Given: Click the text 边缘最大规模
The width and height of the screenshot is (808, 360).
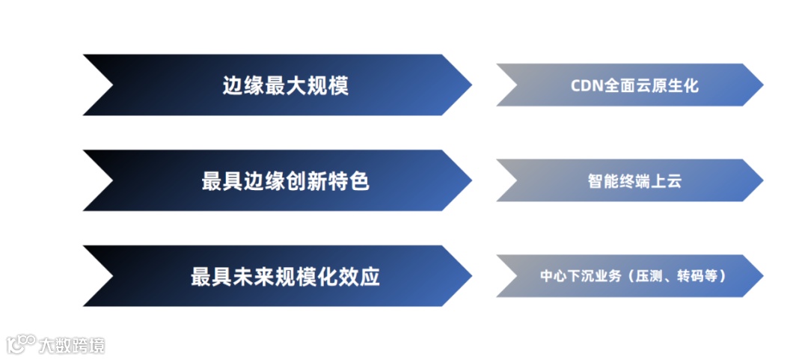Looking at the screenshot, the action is [286, 86].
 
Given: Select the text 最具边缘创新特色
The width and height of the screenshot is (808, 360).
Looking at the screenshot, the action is [286, 181].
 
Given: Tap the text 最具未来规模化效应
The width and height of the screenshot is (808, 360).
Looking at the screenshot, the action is [286, 276].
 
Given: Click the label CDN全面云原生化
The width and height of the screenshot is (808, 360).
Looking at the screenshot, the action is [634, 85].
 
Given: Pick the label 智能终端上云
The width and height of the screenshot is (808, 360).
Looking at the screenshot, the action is [634, 181].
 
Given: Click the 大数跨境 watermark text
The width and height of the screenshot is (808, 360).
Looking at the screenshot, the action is [73, 345].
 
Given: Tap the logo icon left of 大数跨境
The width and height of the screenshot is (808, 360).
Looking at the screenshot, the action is [22, 344].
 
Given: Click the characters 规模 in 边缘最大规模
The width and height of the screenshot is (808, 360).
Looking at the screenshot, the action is [328, 86].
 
